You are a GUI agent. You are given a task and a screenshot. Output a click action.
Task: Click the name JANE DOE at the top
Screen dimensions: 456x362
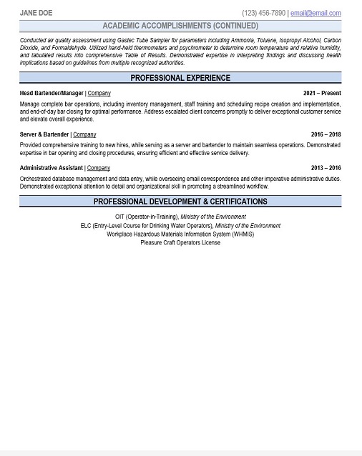point(37,13)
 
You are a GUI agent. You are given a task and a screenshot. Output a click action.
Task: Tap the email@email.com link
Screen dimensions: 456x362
point(315,13)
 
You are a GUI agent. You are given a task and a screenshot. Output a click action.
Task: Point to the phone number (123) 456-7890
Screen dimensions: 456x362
point(264,13)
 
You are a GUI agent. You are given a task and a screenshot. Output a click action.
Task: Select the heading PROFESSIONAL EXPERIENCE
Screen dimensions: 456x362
point(180,77)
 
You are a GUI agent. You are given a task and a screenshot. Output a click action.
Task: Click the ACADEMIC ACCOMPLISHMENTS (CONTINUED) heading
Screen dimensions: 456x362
point(180,26)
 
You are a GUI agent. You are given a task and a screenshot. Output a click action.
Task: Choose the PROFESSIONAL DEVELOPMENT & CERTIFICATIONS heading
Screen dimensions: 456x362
point(180,202)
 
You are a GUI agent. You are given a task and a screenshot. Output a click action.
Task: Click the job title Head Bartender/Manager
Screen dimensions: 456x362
point(52,93)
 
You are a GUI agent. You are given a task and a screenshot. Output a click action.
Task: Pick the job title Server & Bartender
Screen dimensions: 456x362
point(44,134)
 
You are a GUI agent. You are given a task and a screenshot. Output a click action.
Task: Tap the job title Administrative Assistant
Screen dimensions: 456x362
point(52,168)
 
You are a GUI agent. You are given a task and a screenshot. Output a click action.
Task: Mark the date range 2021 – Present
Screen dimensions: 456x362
point(322,93)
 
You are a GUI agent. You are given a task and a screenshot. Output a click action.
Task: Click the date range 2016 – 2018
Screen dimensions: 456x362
point(326,134)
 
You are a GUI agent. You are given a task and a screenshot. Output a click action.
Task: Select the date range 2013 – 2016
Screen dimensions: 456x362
point(326,168)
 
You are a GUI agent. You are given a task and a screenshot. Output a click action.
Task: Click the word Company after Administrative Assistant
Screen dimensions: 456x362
point(99,168)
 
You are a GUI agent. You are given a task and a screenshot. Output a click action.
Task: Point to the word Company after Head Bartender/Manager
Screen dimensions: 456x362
point(99,93)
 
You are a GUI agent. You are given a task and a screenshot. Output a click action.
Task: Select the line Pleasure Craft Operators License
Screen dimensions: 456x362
point(180,242)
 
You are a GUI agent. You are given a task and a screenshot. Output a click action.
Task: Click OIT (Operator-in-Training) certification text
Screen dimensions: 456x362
point(146,217)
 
